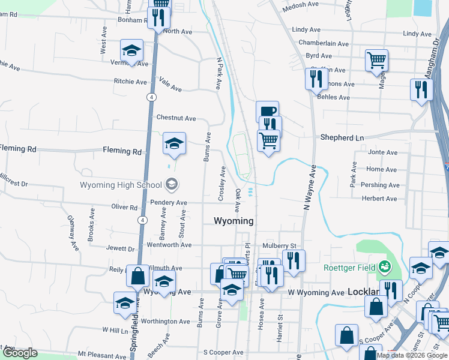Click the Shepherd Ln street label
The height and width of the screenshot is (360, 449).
342,137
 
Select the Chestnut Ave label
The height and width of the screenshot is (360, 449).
176,118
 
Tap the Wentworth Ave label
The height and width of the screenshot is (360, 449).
169,245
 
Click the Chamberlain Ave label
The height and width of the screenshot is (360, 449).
324,44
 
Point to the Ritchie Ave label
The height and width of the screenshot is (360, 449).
130,82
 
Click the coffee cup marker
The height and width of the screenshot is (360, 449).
267,111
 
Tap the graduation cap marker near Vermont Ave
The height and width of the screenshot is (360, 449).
132,50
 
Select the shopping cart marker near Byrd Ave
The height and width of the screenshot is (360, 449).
376,59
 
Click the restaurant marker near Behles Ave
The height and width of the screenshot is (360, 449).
315,78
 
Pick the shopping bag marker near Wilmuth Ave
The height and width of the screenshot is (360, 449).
137,276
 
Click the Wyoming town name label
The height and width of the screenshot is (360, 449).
234,221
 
